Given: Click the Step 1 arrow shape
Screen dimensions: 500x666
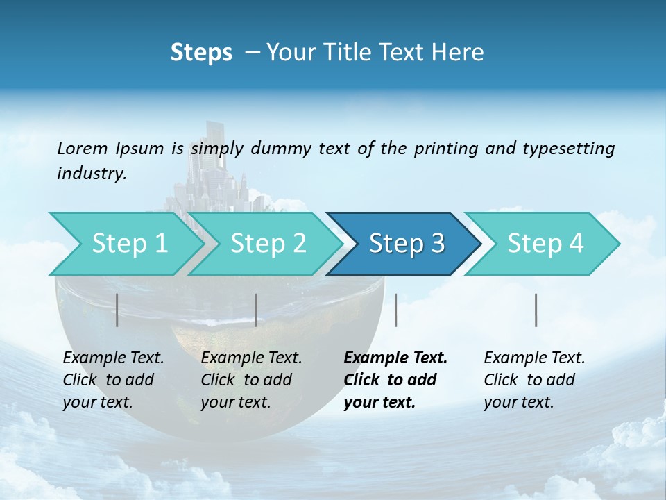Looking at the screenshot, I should (x=125, y=244).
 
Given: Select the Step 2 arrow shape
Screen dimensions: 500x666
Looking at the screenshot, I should (x=267, y=244).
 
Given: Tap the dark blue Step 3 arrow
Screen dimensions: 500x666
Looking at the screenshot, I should (x=406, y=244).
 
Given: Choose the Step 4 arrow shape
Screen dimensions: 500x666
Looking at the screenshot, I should (x=545, y=244).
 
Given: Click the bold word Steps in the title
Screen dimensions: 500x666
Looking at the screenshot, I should (x=201, y=52).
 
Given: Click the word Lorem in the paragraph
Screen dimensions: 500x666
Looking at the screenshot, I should (x=83, y=148).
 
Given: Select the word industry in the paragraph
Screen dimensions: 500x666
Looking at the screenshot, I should (x=91, y=174).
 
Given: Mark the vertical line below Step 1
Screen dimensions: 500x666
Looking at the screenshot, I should (x=117, y=310).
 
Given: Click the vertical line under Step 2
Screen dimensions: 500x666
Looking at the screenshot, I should (x=256, y=310).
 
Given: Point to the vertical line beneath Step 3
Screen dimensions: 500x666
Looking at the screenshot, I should (x=395, y=310).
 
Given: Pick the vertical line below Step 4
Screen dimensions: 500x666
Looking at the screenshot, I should (x=536, y=310).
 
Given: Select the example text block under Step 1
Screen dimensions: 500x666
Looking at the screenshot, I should (x=113, y=380).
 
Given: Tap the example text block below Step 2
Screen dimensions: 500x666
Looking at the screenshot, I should (x=251, y=380).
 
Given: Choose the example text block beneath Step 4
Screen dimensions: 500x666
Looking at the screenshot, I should (x=534, y=380).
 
